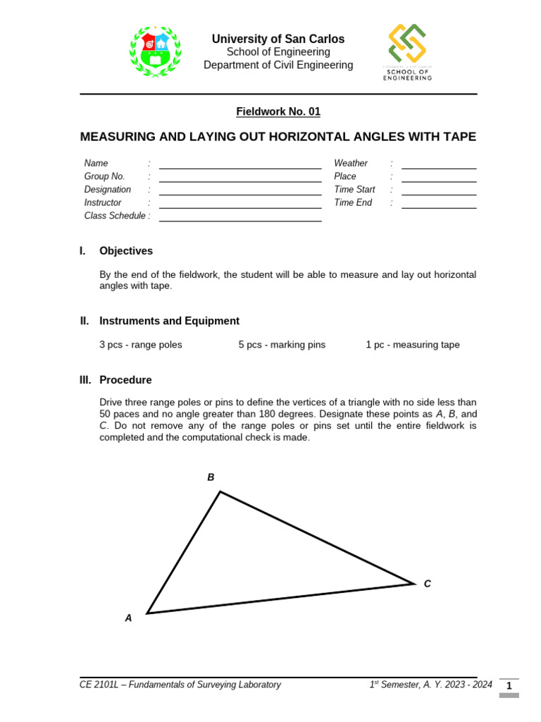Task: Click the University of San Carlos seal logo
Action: (155, 51)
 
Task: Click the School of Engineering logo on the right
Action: (407, 51)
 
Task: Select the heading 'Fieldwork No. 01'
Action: (278, 111)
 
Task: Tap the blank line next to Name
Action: (240, 165)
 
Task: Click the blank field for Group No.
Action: (240, 178)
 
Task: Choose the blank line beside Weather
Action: (438, 165)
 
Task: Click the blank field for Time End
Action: (438, 204)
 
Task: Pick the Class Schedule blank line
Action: (240, 218)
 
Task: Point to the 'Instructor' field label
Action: (103, 202)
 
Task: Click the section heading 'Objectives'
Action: (125, 251)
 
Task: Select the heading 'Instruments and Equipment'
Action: (169, 321)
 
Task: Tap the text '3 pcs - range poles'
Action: (141, 345)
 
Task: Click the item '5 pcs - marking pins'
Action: (282, 345)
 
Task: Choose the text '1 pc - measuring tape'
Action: (412, 345)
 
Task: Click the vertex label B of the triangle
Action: (211, 477)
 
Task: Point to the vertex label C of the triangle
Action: (427, 584)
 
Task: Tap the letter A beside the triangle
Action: (128, 618)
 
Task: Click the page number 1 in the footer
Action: (509, 685)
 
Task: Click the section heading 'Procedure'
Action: (125, 380)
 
